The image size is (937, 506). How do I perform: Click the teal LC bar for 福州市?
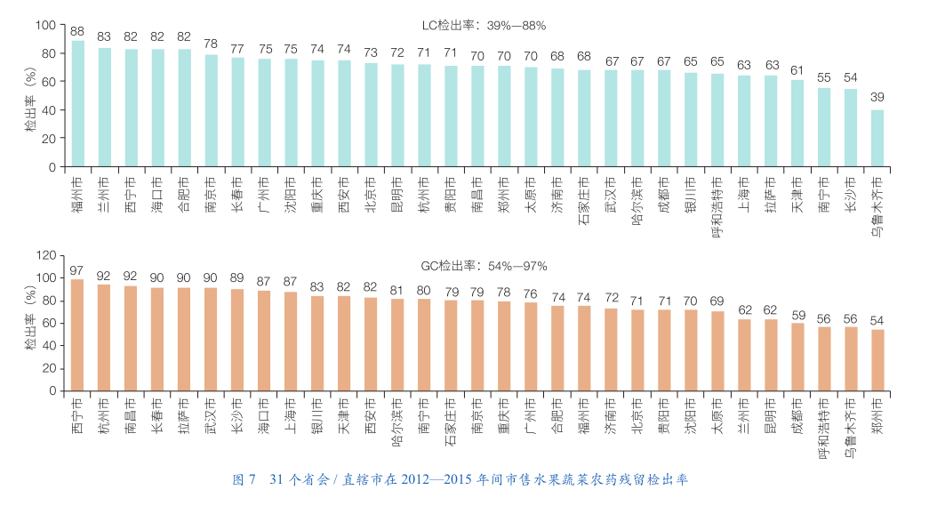pos(78,104)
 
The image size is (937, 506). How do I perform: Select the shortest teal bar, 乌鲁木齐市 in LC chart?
pos(877,139)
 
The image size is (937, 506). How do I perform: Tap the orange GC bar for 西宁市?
pos(77,335)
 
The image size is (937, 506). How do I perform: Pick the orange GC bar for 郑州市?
pos(877,360)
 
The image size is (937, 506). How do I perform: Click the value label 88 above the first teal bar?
pos(78,31)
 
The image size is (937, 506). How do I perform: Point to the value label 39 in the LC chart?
pos(877,97)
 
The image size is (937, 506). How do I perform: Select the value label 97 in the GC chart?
pos(77,270)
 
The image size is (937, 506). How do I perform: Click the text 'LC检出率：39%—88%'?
pos(484,26)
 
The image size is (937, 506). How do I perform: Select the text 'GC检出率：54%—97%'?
pos(484,266)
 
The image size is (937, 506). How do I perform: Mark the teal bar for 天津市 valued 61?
pos(797,124)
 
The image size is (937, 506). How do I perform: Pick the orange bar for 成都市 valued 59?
pos(797,357)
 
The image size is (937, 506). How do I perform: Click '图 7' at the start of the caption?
pos(244,479)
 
